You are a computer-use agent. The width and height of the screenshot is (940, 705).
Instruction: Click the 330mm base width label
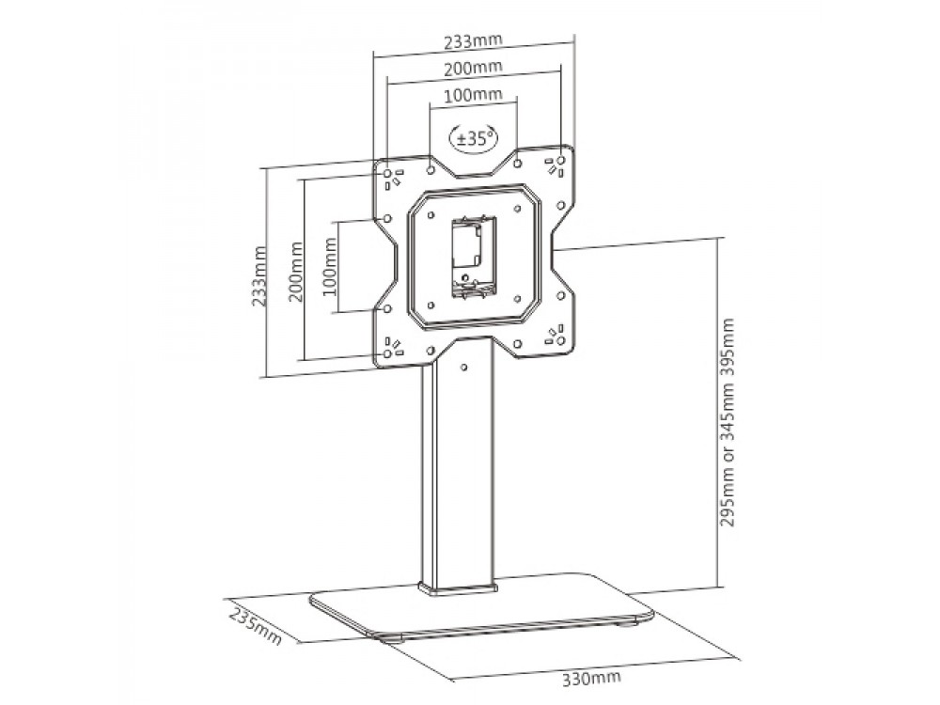tap(591, 678)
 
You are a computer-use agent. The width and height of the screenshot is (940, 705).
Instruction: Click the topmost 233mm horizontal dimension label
tap(473, 40)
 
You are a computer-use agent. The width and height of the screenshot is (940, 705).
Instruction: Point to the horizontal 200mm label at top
tap(473, 67)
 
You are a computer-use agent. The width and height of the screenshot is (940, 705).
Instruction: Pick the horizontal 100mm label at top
tap(473, 94)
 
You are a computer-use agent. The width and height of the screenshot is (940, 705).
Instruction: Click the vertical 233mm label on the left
tap(259, 276)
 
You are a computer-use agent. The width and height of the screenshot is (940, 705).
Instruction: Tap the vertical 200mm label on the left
tap(295, 272)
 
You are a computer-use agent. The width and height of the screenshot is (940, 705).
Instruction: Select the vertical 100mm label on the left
tap(330, 267)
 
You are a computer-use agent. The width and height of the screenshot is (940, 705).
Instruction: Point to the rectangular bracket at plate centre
tap(474, 257)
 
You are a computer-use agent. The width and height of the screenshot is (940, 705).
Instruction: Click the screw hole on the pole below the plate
tap(463, 367)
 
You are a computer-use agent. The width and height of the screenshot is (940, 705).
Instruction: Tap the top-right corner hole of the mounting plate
tap(561, 161)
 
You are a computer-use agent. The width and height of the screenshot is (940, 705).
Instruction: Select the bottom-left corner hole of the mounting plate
tap(387, 353)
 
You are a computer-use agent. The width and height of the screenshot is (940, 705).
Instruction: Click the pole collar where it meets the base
tap(458, 588)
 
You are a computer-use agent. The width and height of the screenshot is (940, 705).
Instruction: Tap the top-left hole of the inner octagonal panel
tap(431, 214)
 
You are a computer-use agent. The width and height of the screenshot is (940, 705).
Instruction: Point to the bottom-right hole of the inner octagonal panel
tap(517, 299)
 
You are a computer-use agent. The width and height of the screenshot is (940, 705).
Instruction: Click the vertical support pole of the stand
tap(458, 467)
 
